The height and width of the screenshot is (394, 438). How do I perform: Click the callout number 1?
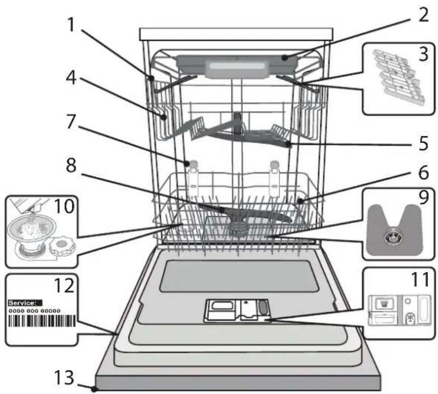pyautogui.click(x=72, y=25)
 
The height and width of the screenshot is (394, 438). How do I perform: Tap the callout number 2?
pyautogui.click(x=423, y=15)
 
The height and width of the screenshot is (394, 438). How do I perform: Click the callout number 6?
pyautogui.click(x=423, y=173)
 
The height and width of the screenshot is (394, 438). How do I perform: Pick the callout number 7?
pyautogui.click(x=71, y=122)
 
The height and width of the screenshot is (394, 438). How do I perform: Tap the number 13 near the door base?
pyautogui.click(x=64, y=377)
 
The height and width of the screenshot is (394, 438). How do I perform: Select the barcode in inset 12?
pyautogui.click(x=42, y=321)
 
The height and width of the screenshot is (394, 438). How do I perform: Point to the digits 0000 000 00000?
pyautogui.click(x=34, y=310)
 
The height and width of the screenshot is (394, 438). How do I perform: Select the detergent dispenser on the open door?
pyautogui.click(x=237, y=310)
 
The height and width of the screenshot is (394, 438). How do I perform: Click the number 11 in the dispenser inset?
pyautogui.click(x=420, y=280)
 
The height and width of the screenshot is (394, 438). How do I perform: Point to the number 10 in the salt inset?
pyautogui.click(x=64, y=206)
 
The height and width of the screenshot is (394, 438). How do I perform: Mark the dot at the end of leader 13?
pyautogui.click(x=95, y=389)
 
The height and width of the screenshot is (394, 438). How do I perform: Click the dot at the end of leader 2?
pyautogui.click(x=285, y=58)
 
